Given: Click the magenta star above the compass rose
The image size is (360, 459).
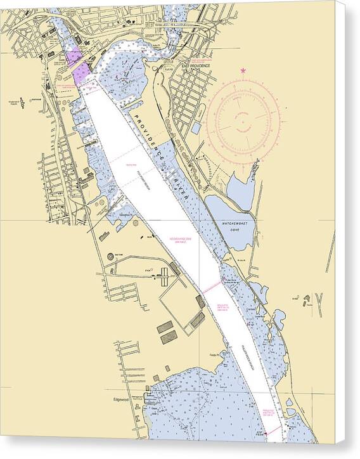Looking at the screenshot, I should (x=244, y=71).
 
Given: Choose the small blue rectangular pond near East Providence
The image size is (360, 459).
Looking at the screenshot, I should (x=196, y=127).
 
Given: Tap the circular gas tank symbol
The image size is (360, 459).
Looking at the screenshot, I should (x=110, y=255).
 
